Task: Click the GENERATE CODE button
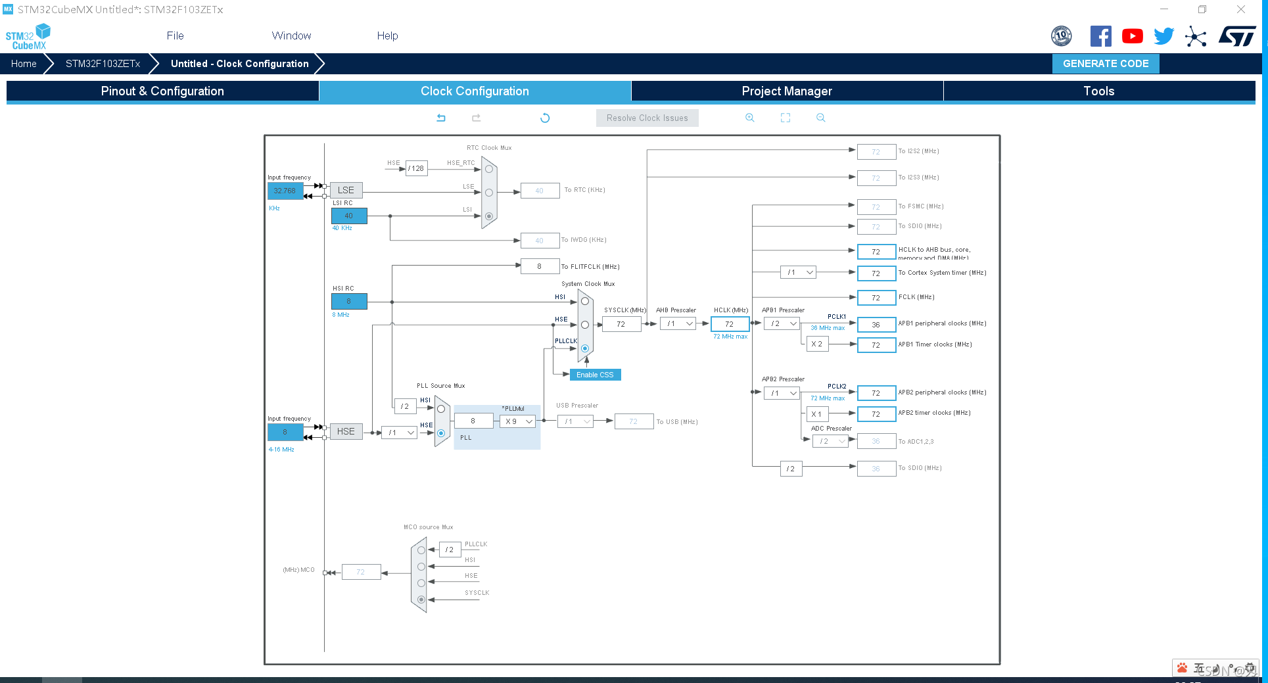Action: coord(1105,64)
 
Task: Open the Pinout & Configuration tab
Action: coord(162,91)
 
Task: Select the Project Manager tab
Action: coord(786,91)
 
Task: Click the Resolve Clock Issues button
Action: coord(647,118)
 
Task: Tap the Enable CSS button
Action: coord(595,375)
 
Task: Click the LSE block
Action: coord(346,190)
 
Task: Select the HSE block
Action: coord(346,431)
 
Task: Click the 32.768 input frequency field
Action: coord(285,191)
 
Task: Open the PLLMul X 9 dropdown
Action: coord(518,421)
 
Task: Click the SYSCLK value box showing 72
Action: coord(621,324)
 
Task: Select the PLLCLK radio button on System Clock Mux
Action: coord(585,348)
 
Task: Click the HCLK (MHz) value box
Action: coord(729,324)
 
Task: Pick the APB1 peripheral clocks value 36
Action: coord(876,325)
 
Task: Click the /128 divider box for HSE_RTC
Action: coord(416,168)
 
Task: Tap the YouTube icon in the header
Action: coord(1132,36)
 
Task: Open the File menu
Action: coord(175,35)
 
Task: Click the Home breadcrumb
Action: coord(24,64)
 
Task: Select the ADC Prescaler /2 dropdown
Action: coord(832,441)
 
